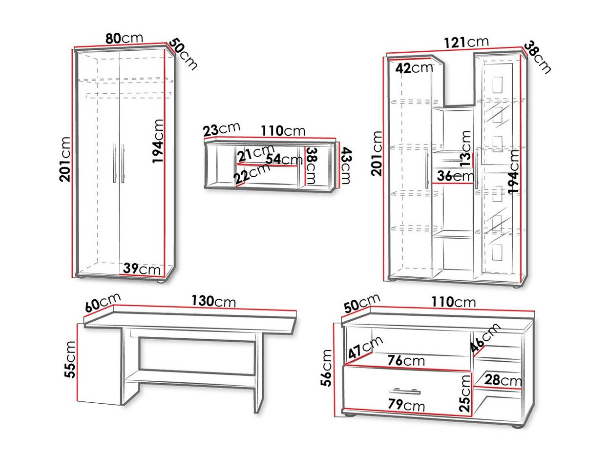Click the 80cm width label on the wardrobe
[x=124, y=38]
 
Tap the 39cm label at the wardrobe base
[x=142, y=269]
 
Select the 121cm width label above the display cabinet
[x=466, y=42]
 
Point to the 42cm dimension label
[x=414, y=68]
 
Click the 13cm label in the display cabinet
[x=465, y=148]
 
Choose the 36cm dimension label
[x=456, y=175]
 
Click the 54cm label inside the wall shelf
[x=284, y=159]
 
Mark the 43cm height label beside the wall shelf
[x=346, y=165]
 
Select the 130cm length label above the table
[x=214, y=301]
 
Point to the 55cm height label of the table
[x=70, y=359]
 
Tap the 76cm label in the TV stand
[x=406, y=360]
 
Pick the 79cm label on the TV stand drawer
[x=406, y=405]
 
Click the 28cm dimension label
[x=503, y=380]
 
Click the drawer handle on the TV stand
[x=405, y=391]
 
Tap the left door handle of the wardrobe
[x=114, y=163]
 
